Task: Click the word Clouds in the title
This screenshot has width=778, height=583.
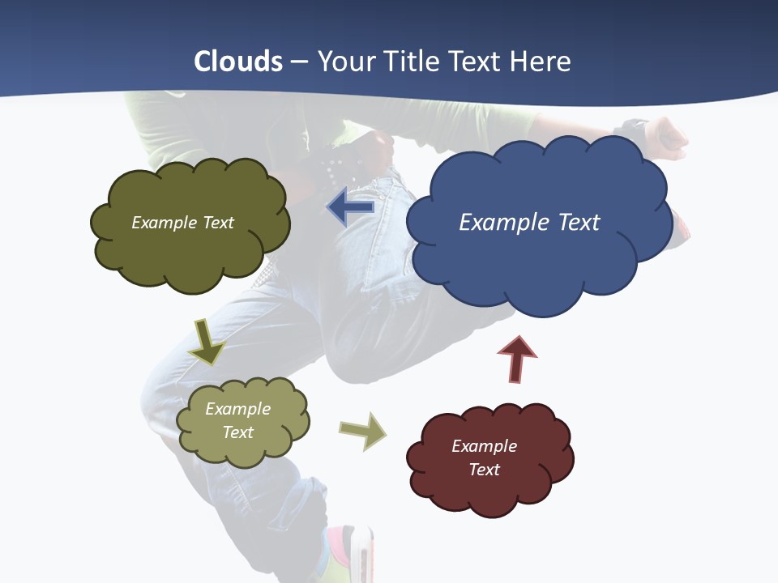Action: coord(238,62)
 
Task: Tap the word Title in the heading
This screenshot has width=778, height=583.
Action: coord(411,62)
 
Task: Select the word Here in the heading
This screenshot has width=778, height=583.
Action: coord(542,62)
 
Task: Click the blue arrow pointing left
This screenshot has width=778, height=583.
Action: coord(350,207)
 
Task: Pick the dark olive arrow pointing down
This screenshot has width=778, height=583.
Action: coord(207,342)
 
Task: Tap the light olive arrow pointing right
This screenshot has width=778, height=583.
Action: coord(364,431)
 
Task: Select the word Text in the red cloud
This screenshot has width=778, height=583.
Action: coord(484,470)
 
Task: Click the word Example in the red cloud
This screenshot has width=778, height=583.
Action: coord(484,446)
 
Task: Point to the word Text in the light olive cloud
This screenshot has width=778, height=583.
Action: coord(237,432)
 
